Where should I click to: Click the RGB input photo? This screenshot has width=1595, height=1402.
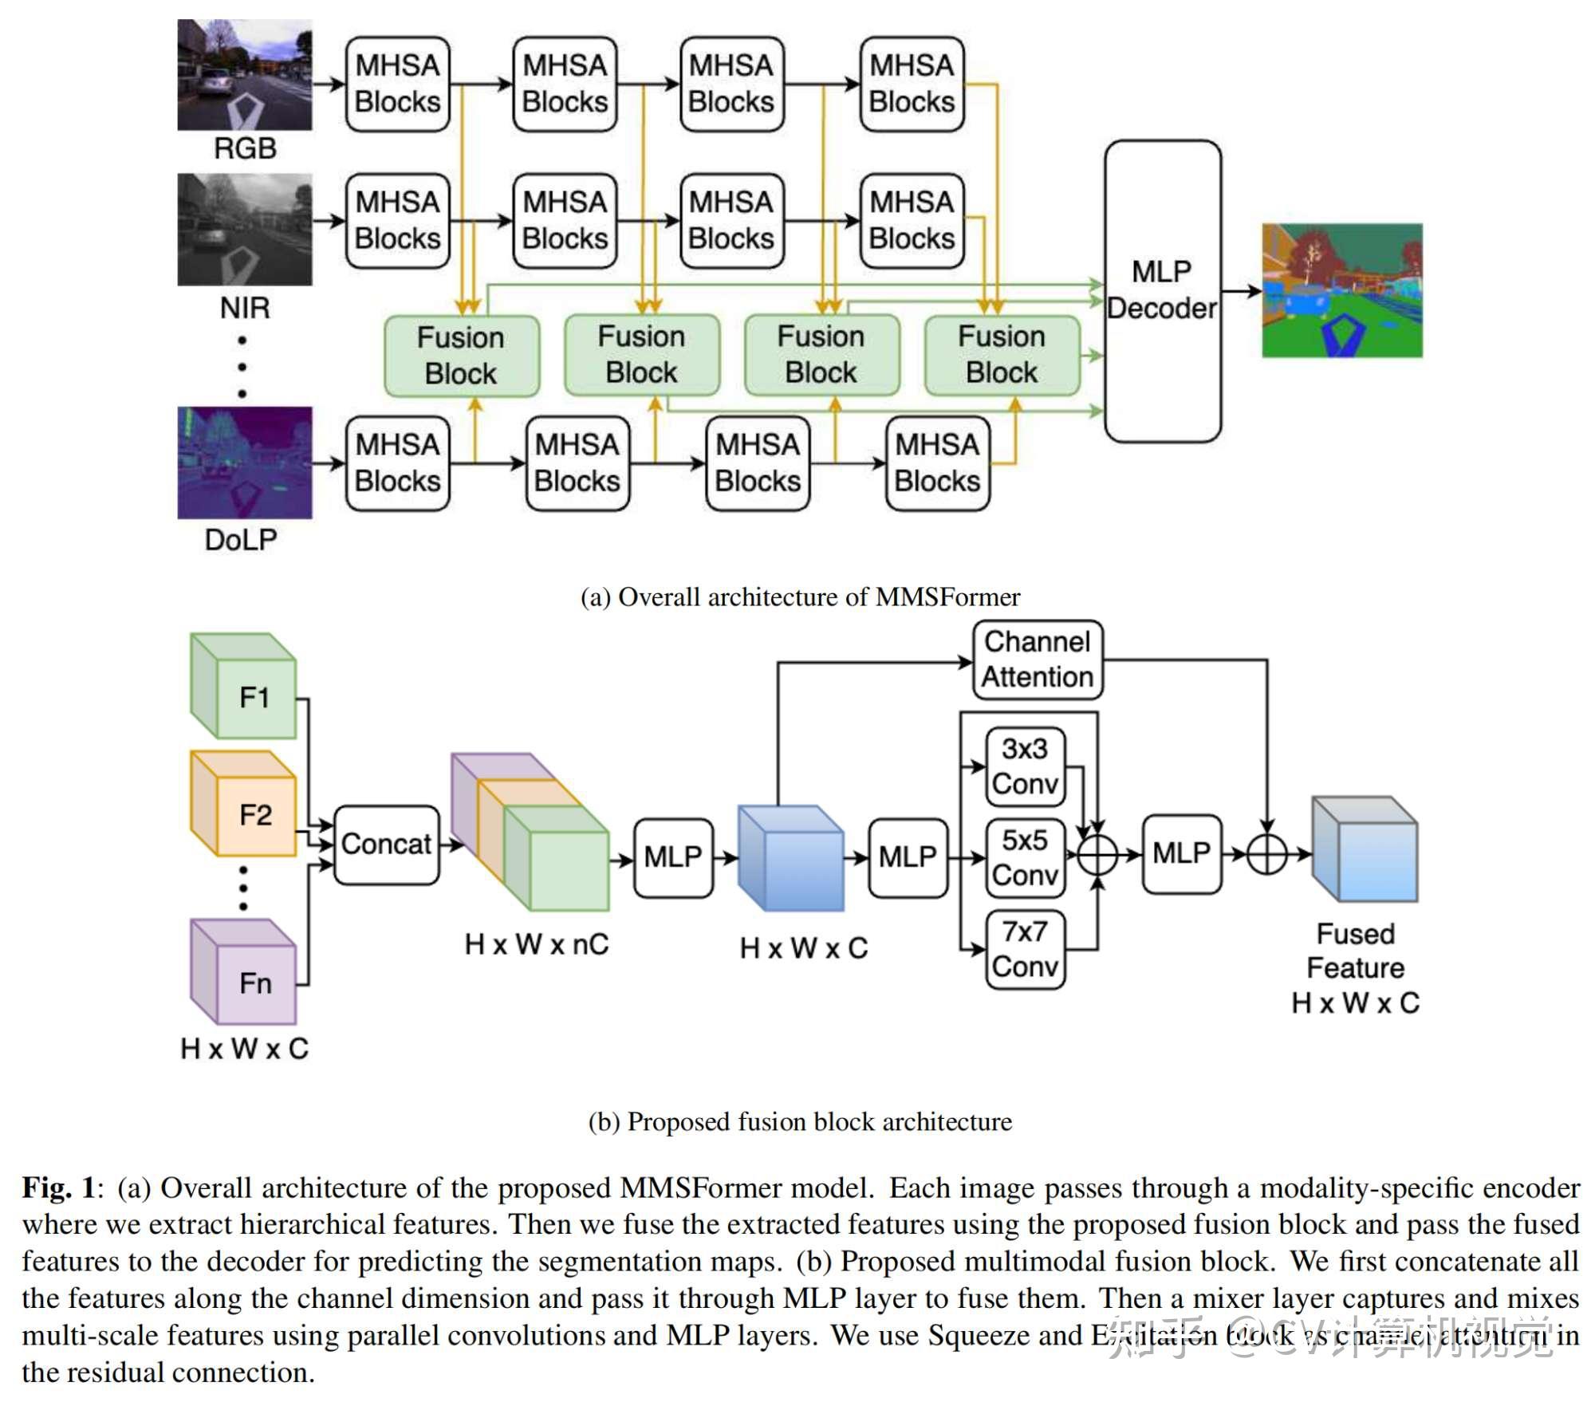[244, 75]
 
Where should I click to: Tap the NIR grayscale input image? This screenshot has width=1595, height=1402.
[244, 230]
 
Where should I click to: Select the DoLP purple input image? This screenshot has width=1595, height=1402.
[244, 463]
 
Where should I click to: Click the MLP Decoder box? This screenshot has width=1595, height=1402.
[1162, 291]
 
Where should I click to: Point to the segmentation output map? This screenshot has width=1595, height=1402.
[1341, 290]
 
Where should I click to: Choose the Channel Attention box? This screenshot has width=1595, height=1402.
[1037, 660]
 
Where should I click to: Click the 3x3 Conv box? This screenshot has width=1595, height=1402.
[1025, 766]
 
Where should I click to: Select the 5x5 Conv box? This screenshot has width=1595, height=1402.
[1025, 857]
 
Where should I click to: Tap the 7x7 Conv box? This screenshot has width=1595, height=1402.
[1025, 949]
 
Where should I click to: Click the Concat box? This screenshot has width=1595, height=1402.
[386, 844]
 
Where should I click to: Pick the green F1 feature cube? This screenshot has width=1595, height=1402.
[244, 687]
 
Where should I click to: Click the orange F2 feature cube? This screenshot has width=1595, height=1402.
[244, 804]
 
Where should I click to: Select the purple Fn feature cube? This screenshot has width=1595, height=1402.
[244, 972]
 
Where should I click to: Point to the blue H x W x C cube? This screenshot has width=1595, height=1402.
[790, 858]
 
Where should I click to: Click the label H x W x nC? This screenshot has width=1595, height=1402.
[536, 944]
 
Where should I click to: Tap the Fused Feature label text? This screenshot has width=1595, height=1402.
[1355, 951]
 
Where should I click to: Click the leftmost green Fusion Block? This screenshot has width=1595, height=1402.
[461, 356]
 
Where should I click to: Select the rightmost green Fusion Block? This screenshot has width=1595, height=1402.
[1002, 355]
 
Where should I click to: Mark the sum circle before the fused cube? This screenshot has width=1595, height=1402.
[1266, 855]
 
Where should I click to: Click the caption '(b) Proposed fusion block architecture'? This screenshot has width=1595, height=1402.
[800, 1121]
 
